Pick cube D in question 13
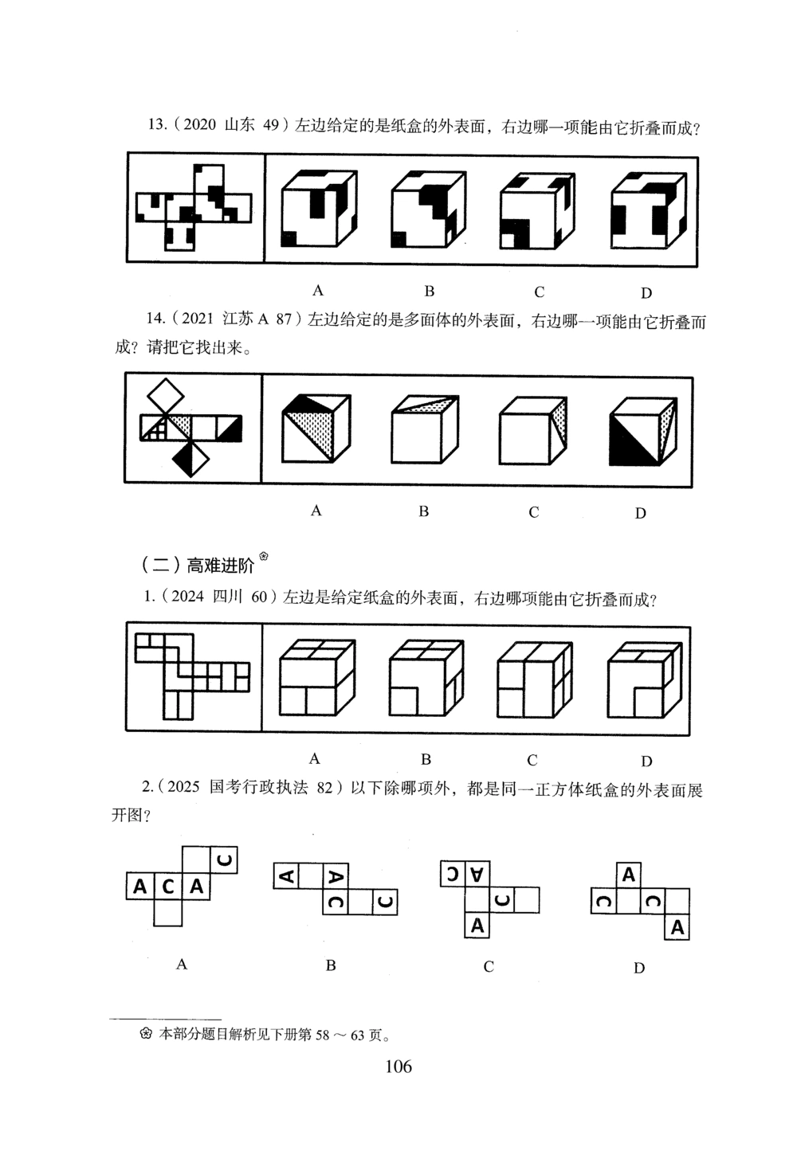[646, 209]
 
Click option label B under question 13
[429, 291]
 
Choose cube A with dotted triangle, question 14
[316, 429]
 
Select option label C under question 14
[533, 512]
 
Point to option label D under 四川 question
[646, 761]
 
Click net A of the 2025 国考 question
[182, 884]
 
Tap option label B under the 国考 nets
[331, 965]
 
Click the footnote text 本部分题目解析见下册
[271, 1035]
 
